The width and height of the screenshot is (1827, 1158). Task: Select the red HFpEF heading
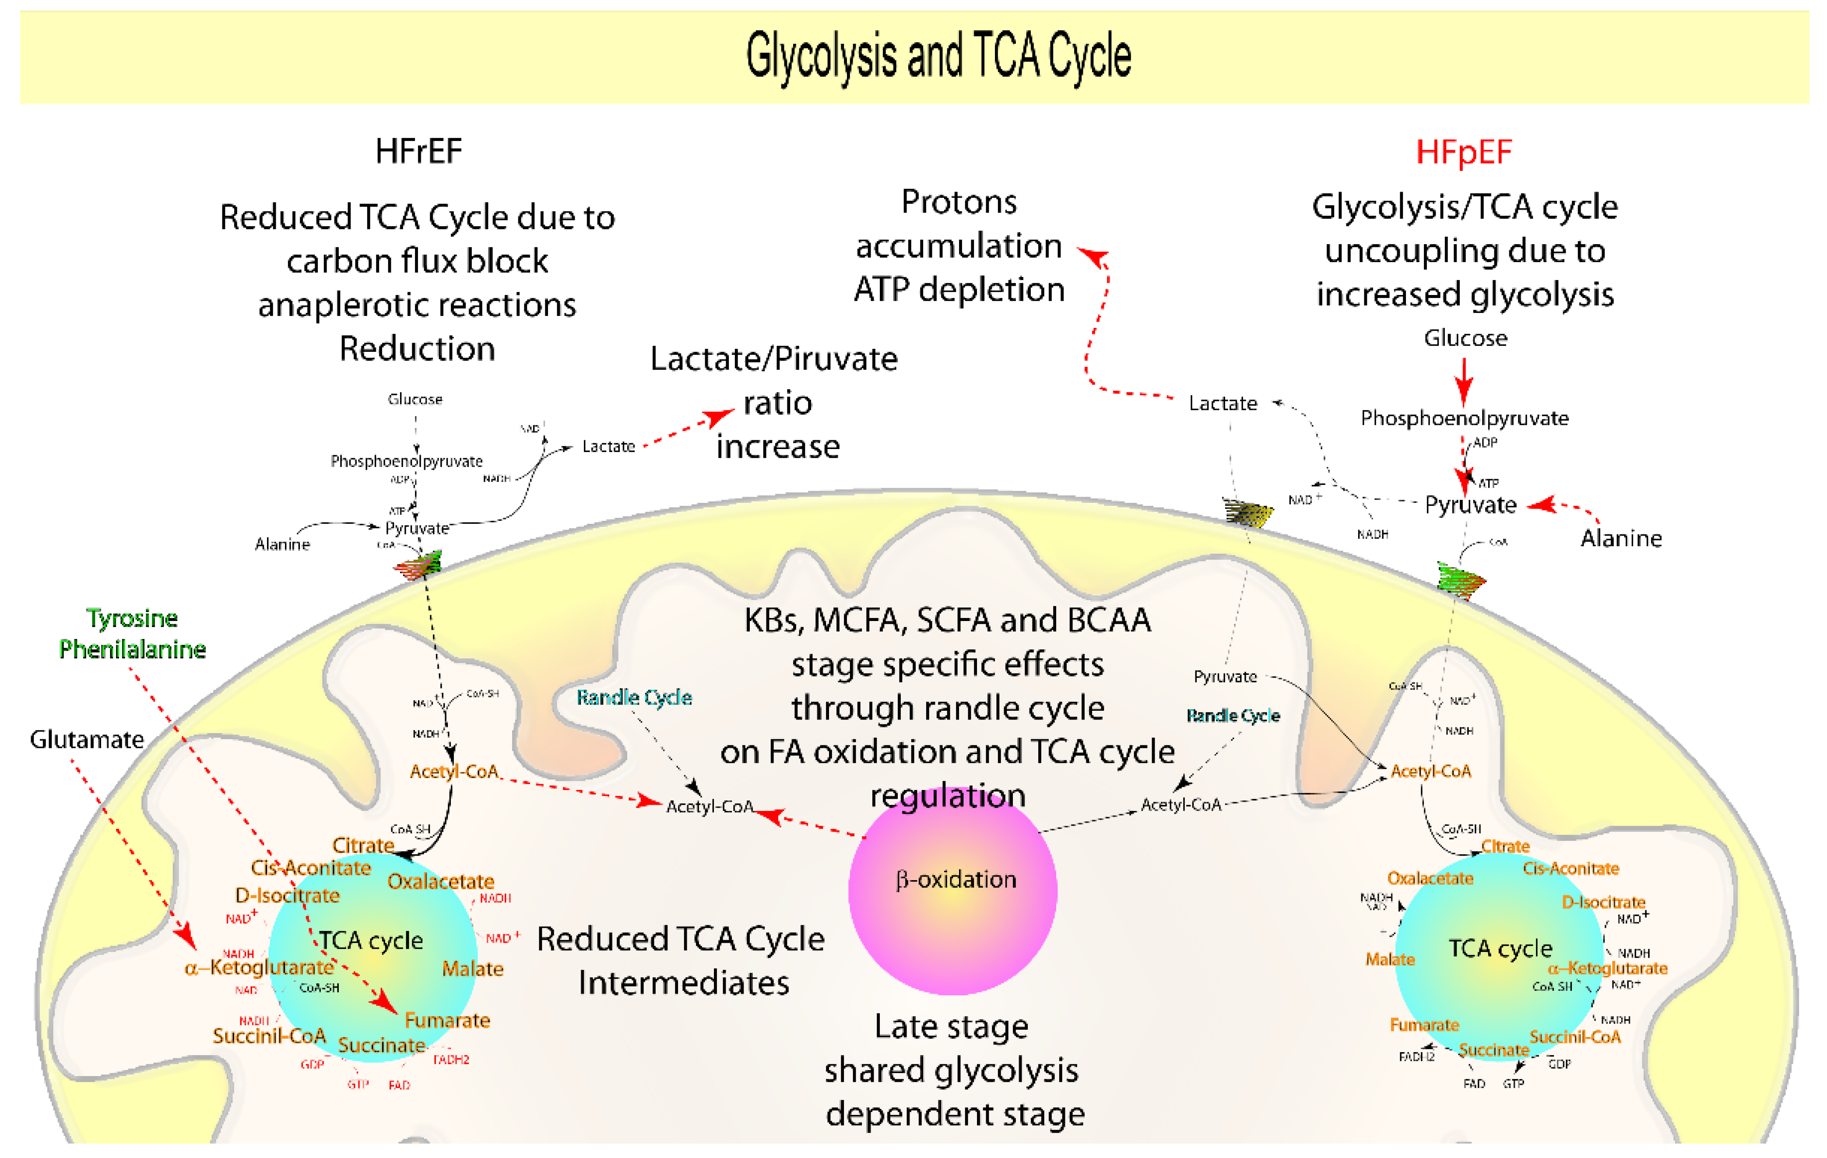tap(1464, 152)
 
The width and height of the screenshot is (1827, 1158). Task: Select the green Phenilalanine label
tap(132, 649)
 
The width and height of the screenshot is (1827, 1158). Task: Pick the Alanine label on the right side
tap(1621, 538)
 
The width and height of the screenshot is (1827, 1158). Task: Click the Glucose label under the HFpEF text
tap(1465, 338)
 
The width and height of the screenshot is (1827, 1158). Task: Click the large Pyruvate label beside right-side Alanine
tap(1470, 505)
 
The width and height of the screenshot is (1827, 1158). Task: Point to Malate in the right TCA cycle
tap(1390, 959)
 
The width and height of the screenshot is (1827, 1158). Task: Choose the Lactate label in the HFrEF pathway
tap(608, 446)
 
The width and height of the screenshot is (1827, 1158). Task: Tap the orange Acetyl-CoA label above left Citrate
tap(454, 771)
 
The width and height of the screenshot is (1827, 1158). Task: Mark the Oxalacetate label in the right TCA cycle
tap(1430, 878)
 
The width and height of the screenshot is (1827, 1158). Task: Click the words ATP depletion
tap(959, 290)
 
